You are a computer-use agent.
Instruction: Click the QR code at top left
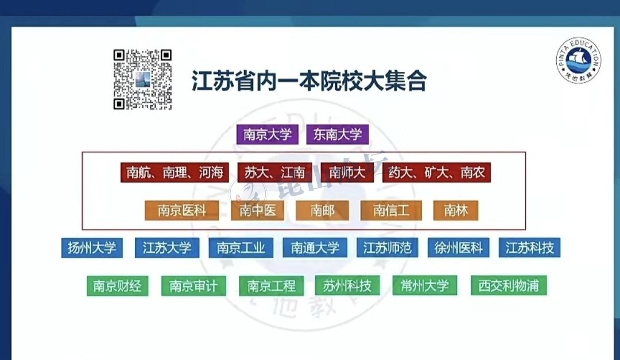tap(142, 79)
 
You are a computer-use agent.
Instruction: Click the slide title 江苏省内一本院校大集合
tap(309, 81)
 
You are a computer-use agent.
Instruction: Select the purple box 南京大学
tap(268, 135)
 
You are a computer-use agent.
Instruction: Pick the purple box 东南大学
tap(338, 135)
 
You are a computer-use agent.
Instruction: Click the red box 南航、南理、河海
tap(175, 172)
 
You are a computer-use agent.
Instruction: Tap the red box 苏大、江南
tap(274, 172)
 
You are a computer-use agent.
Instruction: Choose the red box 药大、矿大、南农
tap(436, 172)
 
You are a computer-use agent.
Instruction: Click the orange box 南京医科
tap(181, 211)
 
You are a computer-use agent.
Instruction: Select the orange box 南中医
tap(258, 211)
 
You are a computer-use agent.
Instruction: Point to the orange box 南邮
tap(323, 211)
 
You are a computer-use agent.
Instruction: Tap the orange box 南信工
tap(391, 211)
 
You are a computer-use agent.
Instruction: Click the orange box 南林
tap(456, 211)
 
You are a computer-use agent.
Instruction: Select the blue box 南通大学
tap(315, 248)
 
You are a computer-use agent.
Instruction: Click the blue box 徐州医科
tap(458, 248)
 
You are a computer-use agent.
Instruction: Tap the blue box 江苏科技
tap(529, 248)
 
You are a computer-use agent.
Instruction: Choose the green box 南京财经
tap(117, 285)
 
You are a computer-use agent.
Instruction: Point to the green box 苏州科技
tap(347, 285)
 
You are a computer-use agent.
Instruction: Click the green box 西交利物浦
tap(508, 285)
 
